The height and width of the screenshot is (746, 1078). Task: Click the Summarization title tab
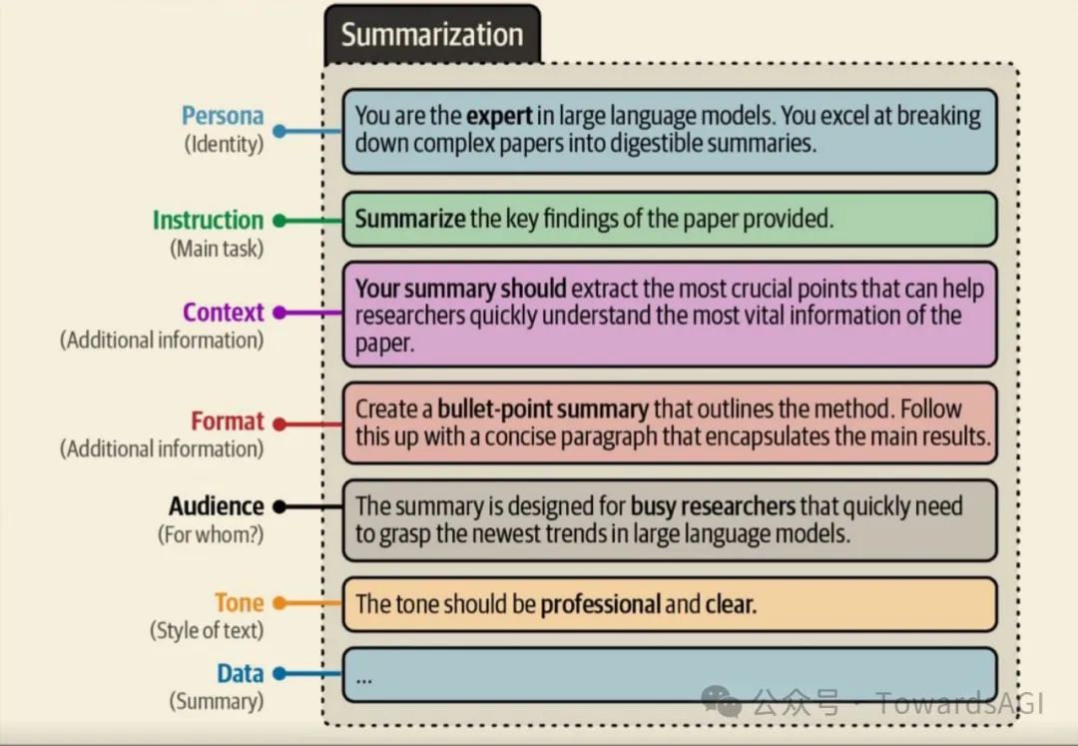tap(431, 35)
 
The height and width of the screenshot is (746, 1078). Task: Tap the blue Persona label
tap(223, 116)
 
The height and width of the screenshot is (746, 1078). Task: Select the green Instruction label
tap(208, 220)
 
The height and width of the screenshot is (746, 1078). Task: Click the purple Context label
tap(223, 313)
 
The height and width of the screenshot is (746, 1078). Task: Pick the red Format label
tap(228, 421)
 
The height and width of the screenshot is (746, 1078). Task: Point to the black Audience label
tap(216, 506)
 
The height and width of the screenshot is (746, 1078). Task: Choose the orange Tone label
tap(239, 603)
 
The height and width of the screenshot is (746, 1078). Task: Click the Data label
tap(240, 673)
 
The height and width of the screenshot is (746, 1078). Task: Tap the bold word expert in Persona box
tap(499, 116)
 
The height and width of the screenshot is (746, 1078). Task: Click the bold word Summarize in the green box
tap(409, 219)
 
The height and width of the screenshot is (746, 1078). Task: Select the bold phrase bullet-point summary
tap(543, 409)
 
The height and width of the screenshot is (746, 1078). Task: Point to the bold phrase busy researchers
tap(713, 506)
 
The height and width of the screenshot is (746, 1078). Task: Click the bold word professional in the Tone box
tap(600, 604)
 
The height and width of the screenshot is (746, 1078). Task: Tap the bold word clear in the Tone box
tap(728, 604)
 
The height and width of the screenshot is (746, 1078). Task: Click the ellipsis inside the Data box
tap(363, 677)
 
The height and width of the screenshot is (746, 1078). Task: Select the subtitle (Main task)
tap(216, 248)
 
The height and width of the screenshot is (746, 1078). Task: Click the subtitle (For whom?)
tap(211, 534)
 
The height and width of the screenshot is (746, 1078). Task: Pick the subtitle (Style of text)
tap(207, 631)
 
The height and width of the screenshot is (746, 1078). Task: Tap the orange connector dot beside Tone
tap(279, 603)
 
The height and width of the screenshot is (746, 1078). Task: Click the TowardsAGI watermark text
tap(958, 703)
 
